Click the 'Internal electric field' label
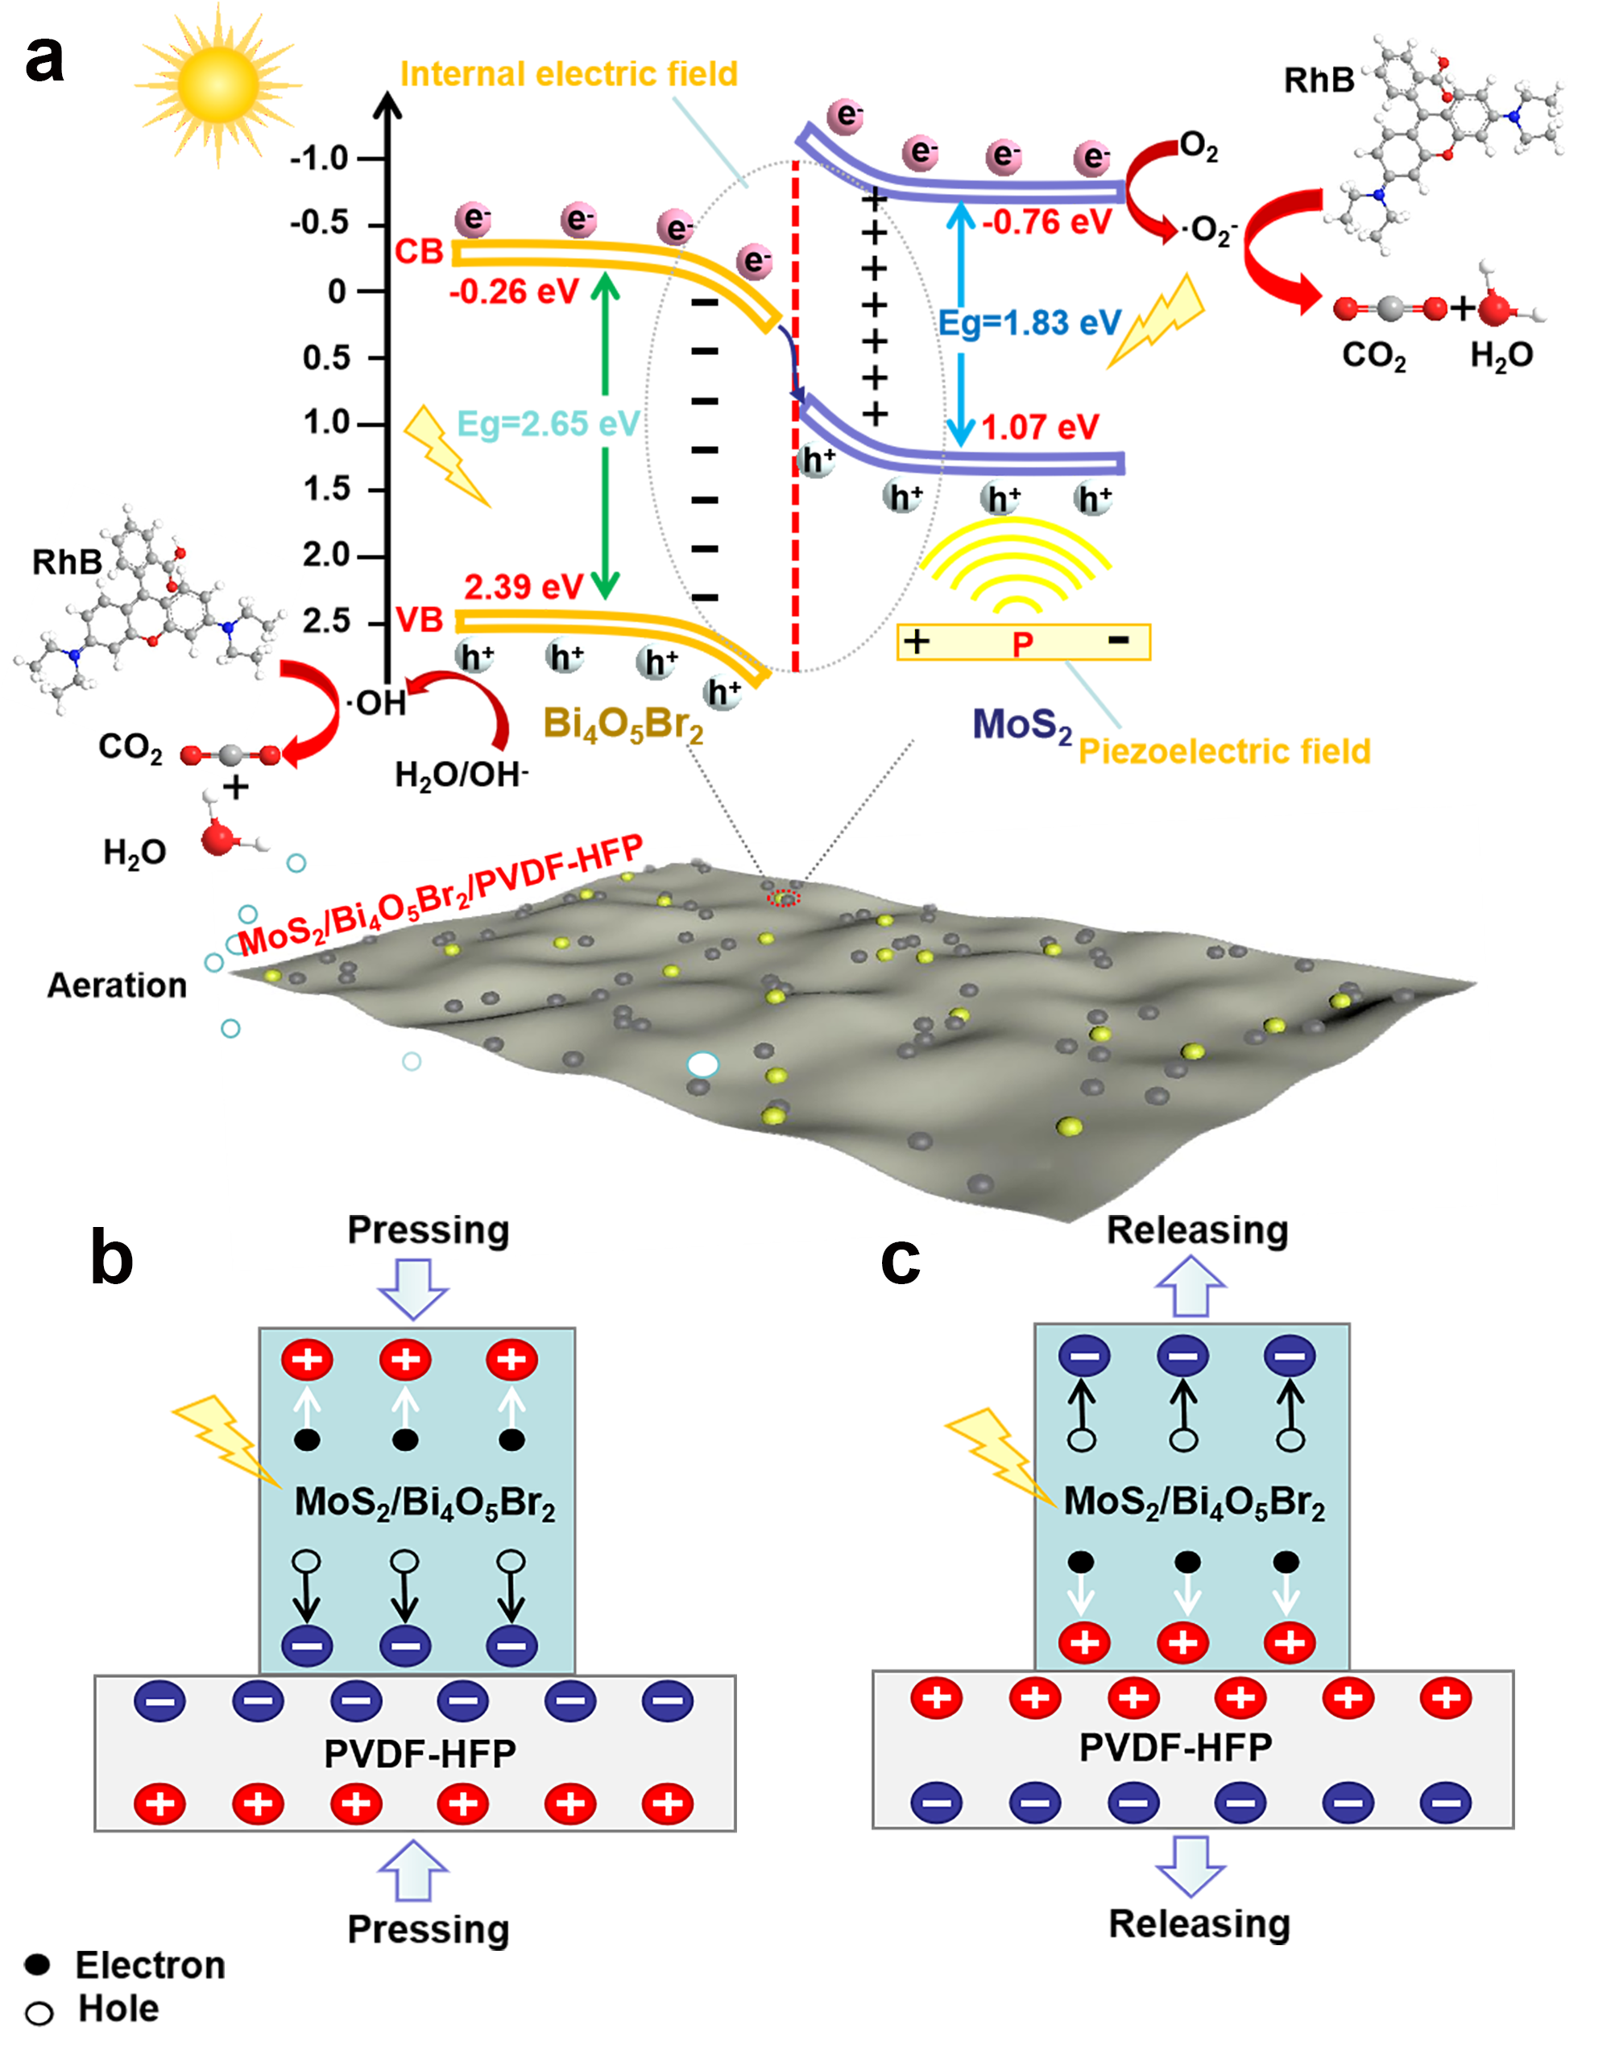(x=569, y=73)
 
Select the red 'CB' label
(x=419, y=252)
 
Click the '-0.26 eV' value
(x=513, y=292)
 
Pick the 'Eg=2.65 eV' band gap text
(x=548, y=423)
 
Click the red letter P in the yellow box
(x=1022, y=645)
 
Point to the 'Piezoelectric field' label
(x=1224, y=751)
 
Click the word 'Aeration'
(x=117, y=985)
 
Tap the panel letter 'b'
(x=111, y=1258)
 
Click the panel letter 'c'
(x=900, y=1258)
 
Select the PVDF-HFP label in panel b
(x=420, y=1754)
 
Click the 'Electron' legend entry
(x=149, y=1964)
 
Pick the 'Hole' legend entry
(x=118, y=2008)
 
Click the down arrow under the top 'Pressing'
(x=413, y=1288)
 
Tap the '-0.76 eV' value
(x=1047, y=222)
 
